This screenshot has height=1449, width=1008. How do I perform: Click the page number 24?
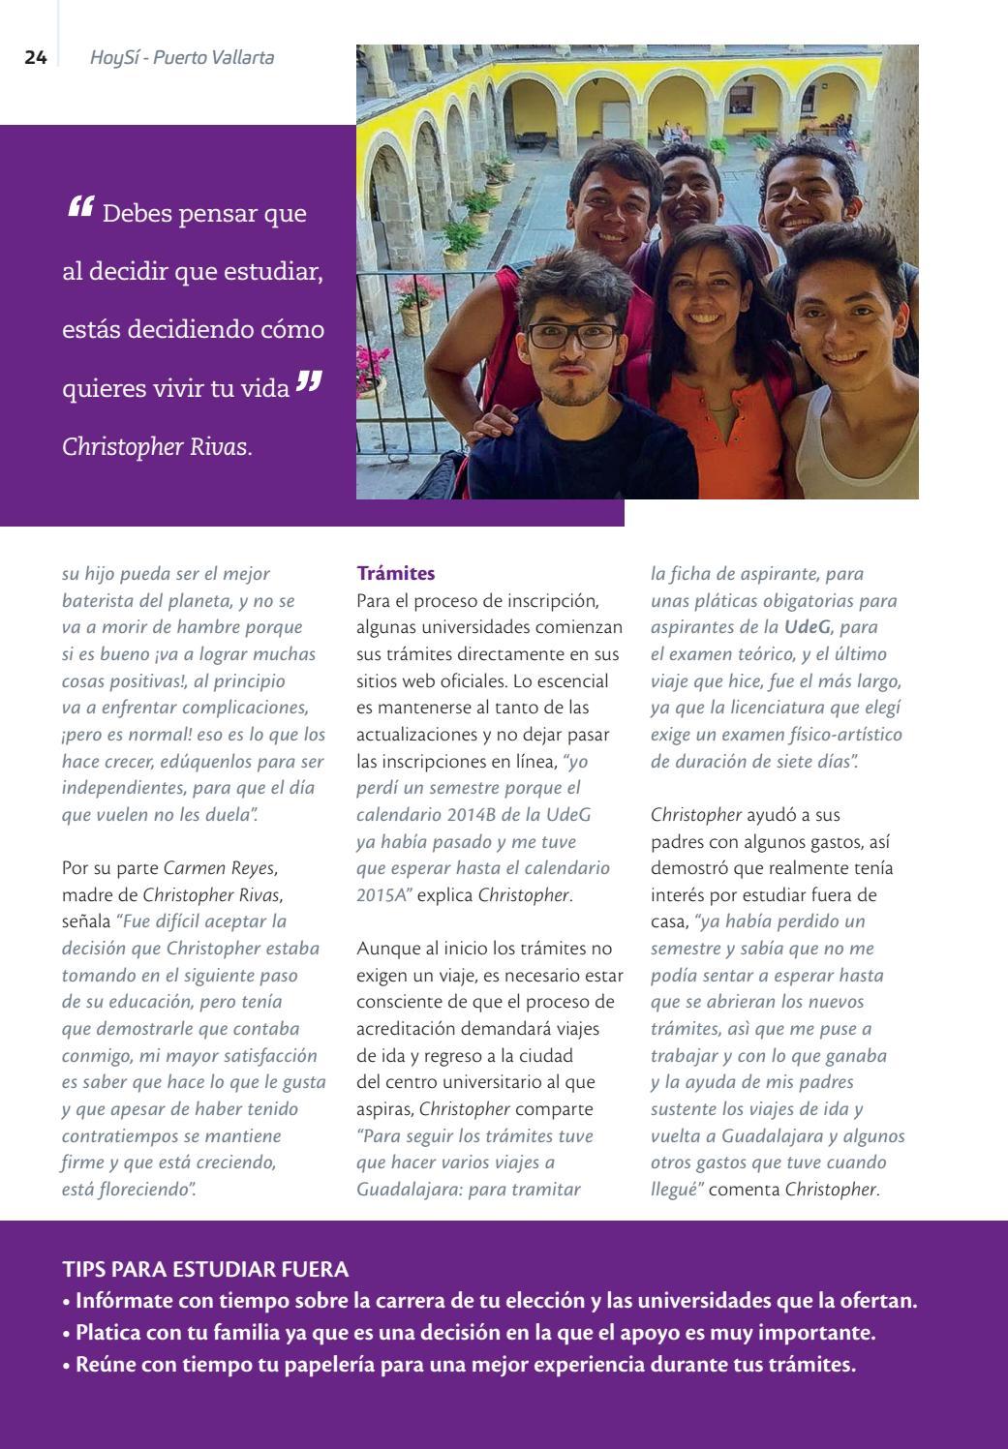[x=35, y=58]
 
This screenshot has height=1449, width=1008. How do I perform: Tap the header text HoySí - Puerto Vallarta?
[x=182, y=58]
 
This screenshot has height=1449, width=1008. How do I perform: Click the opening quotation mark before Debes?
[x=80, y=207]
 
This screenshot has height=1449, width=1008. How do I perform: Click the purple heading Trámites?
[x=396, y=573]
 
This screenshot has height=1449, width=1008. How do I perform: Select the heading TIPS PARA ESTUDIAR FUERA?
[x=205, y=1269]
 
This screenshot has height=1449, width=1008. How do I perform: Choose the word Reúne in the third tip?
[x=102, y=1365]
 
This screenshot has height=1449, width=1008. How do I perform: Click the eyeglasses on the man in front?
[x=571, y=336]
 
